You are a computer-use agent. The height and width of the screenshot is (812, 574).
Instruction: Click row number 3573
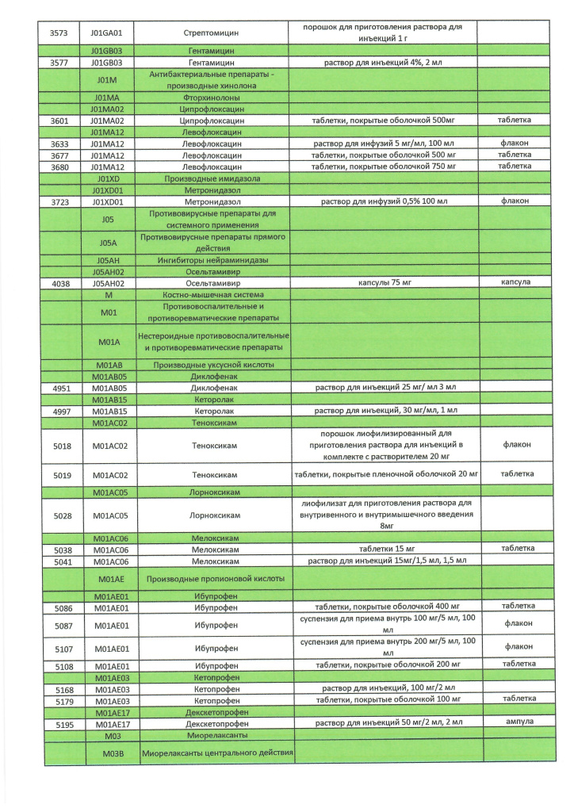click(x=60, y=34)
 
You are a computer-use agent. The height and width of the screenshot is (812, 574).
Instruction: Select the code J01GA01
click(x=112, y=34)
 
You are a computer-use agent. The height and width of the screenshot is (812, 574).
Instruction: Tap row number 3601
click(x=60, y=121)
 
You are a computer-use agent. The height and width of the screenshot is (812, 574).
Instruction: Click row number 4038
click(x=60, y=282)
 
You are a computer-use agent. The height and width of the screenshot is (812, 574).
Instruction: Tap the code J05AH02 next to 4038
click(x=112, y=282)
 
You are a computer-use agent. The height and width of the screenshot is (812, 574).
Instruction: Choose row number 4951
click(x=61, y=388)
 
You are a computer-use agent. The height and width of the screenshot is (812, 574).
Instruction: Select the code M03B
click(x=113, y=753)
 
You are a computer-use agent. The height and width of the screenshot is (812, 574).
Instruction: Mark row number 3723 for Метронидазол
click(x=60, y=201)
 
